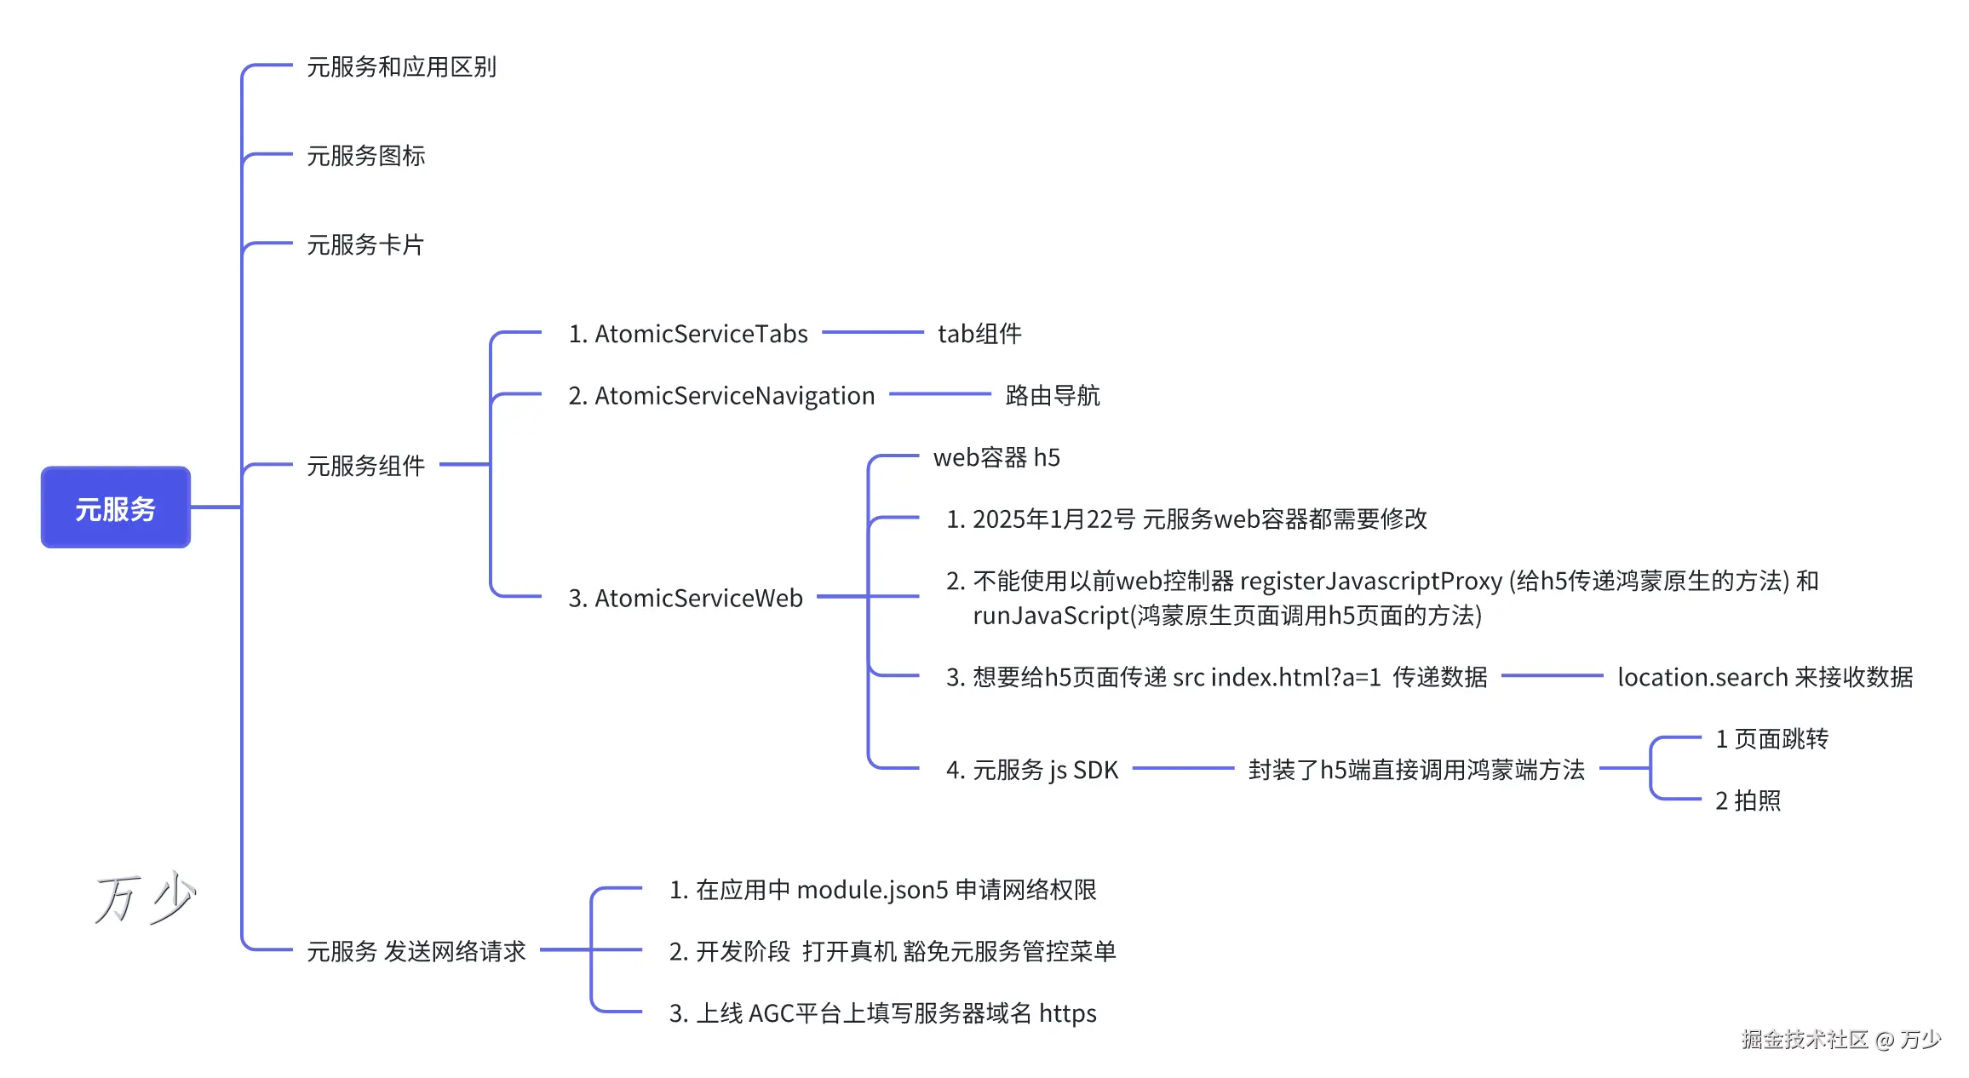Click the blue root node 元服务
(116, 507)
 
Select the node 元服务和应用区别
(401, 67)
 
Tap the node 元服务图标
(365, 156)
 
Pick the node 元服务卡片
(365, 245)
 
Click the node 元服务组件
(365, 466)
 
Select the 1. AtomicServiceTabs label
(688, 334)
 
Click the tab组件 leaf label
(979, 334)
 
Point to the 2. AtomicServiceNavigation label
(721, 396)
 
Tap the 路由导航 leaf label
(1053, 396)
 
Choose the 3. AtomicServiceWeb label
(686, 599)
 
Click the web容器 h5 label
(996, 458)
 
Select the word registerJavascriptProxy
(1370, 582)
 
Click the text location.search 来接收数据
(1765, 678)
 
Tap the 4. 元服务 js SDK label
(1032, 771)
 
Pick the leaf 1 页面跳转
(1771, 739)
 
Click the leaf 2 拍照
(1748, 801)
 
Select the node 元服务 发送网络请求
(416, 951)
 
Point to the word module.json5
(872, 891)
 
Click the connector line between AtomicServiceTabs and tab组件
(873, 332)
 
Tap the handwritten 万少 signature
(145, 898)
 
